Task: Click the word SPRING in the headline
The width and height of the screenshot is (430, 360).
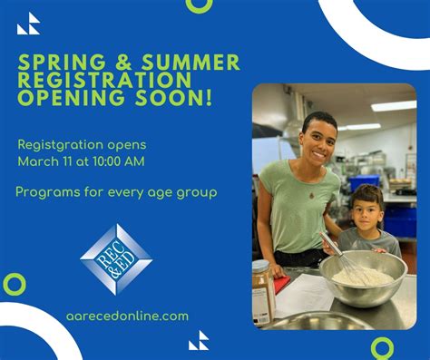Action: [x=56, y=63]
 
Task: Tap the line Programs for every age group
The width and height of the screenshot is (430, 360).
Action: [x=116, y=192]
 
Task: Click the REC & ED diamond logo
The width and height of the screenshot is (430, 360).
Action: [x=116, y=258]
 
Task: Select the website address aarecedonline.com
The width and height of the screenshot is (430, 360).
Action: [x=128, y=316]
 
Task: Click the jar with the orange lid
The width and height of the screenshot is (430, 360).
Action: [x=262, y=292]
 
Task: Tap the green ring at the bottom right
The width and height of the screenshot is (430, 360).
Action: [x=383, y=348]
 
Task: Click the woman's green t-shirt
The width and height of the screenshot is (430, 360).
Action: [x=299, y=204]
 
